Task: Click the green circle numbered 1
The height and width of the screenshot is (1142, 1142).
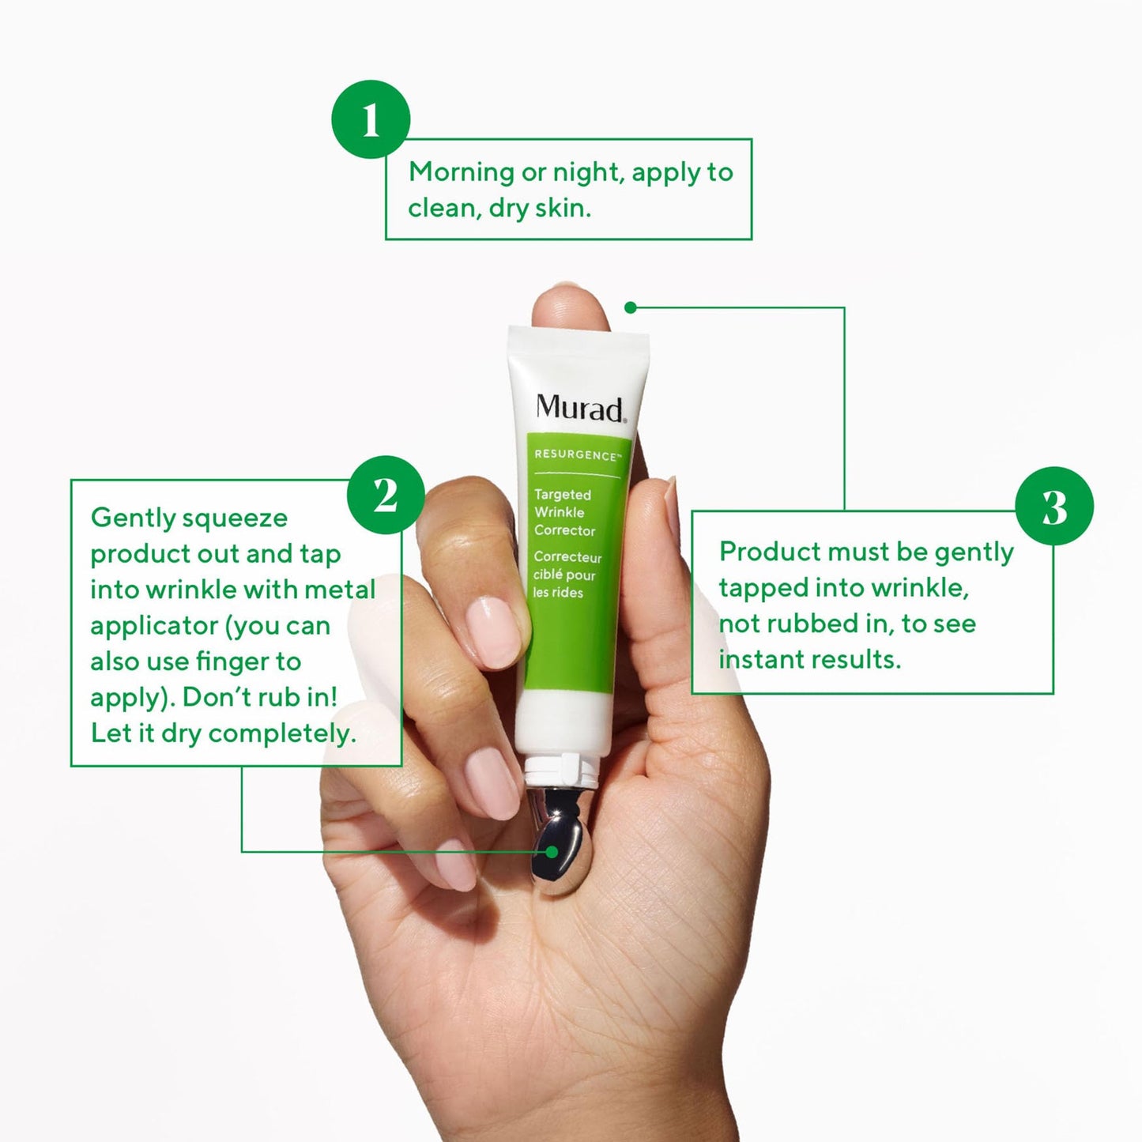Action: tap(371, 119)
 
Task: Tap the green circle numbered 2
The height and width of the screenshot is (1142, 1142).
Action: tap(386, 495)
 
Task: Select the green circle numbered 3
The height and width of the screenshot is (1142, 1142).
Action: tap(1054, 506)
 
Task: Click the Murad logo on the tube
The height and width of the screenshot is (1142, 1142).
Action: tap(580, 408)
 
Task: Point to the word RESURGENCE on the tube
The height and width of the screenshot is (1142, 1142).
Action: tap(575, 454)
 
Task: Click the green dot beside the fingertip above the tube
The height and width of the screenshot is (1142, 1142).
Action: tap(630, 307)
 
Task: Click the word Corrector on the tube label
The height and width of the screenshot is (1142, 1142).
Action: tap(564, 530)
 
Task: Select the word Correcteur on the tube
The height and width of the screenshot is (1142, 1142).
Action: tap(567, 556)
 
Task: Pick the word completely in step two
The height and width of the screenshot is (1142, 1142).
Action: tap(282, 733)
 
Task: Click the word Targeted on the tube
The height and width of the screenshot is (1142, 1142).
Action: tap(562, 494)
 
